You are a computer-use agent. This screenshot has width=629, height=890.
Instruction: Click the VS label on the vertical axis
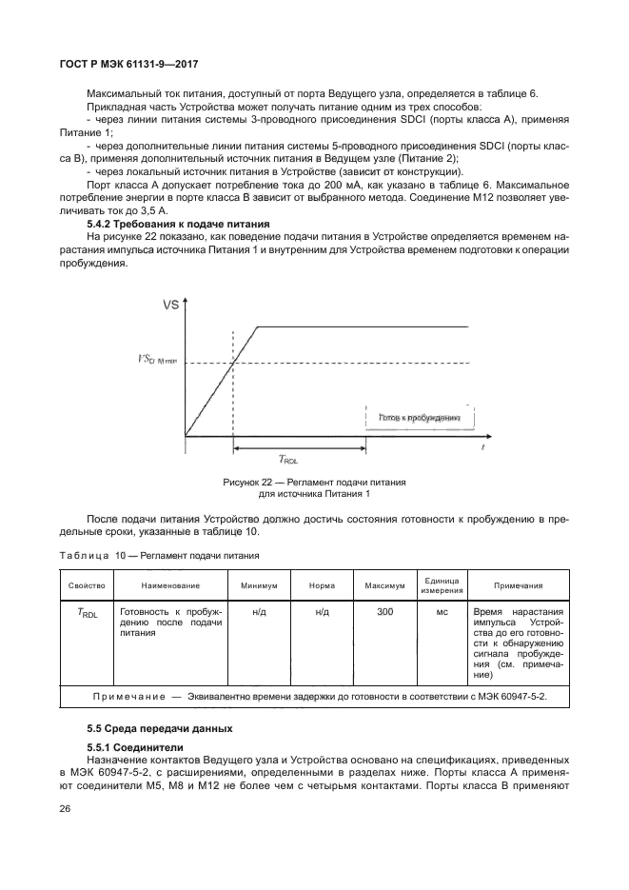[171, 305]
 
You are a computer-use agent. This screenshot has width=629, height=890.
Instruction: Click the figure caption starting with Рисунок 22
[314, 488]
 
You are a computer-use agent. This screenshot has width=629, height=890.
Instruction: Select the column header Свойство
[87, 585]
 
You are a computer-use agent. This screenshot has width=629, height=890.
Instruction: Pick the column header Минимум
[259, 585]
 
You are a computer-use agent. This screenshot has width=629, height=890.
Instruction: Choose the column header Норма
[322, 585]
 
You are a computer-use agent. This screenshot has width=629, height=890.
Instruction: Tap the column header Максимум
[384, 585]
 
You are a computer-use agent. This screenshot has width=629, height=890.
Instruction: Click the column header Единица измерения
[442, 585]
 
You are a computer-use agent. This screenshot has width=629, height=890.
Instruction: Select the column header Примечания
[519, 585]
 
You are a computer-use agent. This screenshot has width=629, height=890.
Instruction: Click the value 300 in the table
[384, 612]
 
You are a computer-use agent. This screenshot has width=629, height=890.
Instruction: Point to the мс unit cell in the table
[442, 612]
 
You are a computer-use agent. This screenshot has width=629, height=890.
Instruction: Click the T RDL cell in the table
[87, 613]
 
